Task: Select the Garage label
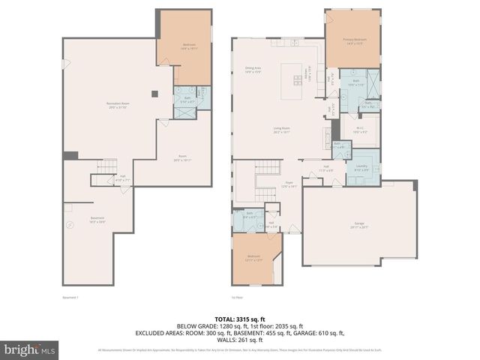pos(359,225)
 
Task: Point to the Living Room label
pos(281,130)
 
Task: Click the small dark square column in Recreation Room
pos(153,94)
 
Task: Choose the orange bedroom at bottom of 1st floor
pos(255,259)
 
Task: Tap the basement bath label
pos(185,100)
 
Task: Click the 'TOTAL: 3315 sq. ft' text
pos(239,317)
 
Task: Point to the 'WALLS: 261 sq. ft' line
pos(239,339)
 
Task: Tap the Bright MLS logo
pos(30,350)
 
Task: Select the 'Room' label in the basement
pos(183,159)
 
